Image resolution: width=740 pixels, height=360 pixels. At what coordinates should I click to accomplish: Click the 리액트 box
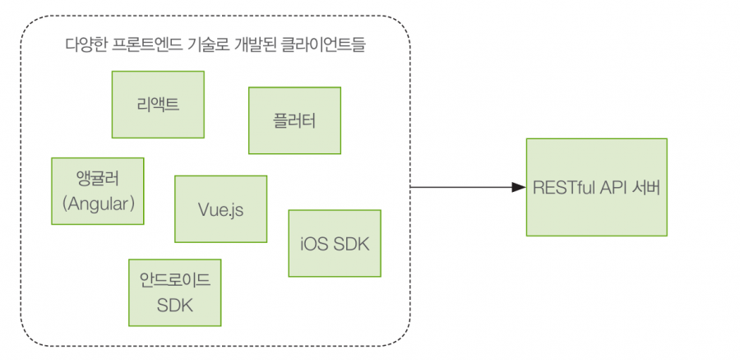pos(158,105)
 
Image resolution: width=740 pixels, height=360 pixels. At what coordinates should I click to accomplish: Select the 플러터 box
pos(294,120)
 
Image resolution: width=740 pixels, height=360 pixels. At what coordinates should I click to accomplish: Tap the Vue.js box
pos(220,208)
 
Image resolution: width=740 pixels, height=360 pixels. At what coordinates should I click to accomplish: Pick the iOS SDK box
pos(334,243)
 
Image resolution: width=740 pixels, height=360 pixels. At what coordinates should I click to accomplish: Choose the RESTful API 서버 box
pos(597,187)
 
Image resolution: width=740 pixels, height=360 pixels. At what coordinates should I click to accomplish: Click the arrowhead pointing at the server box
pos(519,187)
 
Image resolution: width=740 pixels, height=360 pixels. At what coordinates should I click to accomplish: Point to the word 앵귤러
pos(98,180)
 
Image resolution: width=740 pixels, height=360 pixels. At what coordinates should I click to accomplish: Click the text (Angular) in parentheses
pos(98,203)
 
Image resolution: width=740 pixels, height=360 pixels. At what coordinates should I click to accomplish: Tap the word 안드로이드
pos(174,282)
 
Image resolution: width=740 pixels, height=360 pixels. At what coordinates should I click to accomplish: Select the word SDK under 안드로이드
pos(174,305)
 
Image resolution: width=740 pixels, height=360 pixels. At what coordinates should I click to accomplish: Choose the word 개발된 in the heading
pos(252,46)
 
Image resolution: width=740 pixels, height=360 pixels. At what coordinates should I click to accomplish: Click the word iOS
pos(314,244)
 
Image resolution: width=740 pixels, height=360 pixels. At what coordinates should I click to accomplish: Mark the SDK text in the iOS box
pos(351,244)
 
